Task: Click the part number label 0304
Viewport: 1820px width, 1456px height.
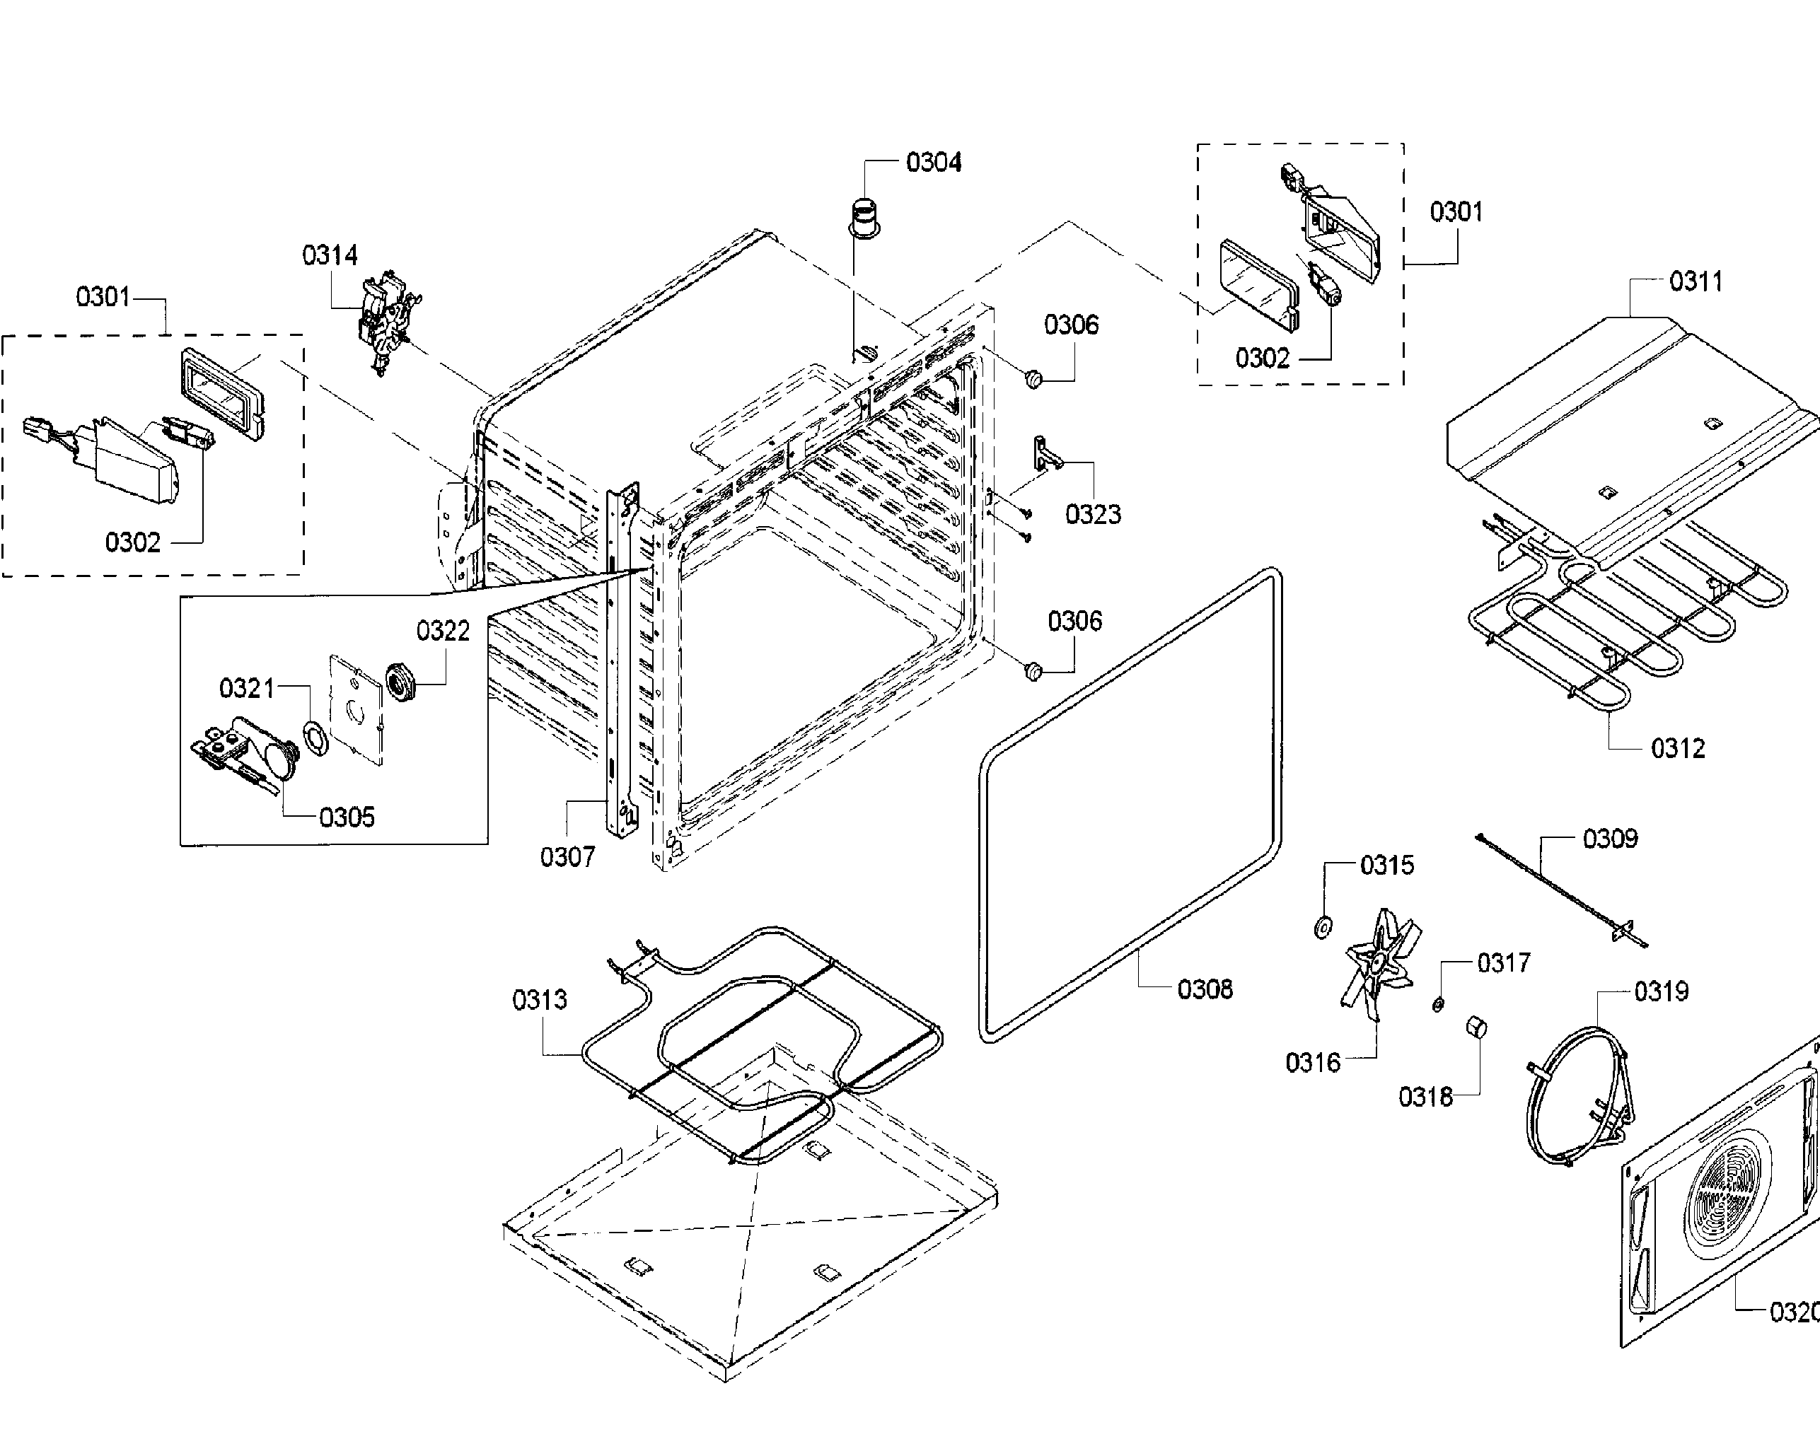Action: click(x=934, y=162)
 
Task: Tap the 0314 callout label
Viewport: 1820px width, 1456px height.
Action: click(x=330, y=255)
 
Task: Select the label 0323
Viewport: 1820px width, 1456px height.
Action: click(x=1093, y=514)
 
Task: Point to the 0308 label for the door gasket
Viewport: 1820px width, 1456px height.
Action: click(x=1205, y=989)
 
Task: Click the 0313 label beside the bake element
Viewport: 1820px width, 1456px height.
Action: click(x=540, y=1000)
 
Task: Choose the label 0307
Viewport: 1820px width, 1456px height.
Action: click(x=567, y=858)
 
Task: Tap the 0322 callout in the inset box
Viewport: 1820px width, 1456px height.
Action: click(x=444, y=631)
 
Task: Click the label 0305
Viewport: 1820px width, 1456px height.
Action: click(x=347, y=817)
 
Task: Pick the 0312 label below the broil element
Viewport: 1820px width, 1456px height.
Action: click(x=1677, y=749)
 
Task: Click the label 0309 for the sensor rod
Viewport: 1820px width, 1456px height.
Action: click(x=1610, y=839)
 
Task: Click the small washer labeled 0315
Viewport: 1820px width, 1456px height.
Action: click(x=1323, y=928)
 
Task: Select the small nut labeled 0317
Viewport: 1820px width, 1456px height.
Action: click(x=1437, y=1004)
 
